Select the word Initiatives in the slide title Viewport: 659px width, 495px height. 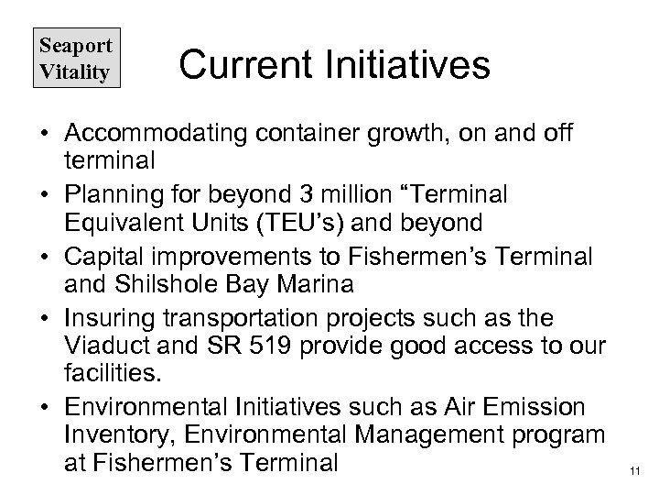click(x=410, y=65)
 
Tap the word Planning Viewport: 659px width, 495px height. click(x=113, y=196)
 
